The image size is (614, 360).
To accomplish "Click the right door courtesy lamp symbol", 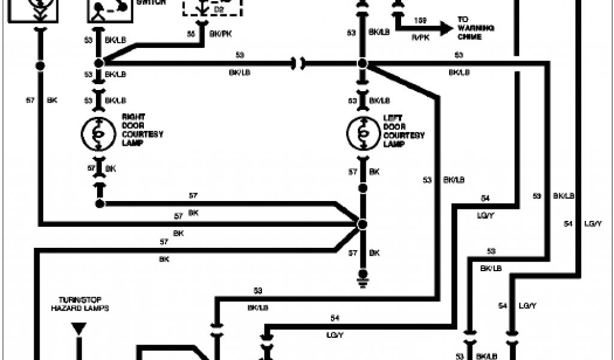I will (98, 134).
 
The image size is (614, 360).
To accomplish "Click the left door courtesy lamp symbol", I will (362, 134).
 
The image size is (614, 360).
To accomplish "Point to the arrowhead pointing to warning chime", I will (445, 27).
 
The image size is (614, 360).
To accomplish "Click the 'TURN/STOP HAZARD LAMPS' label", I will (83, 303).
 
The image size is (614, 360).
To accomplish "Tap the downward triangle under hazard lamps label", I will (78, 328).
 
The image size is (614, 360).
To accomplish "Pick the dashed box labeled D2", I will (212, 8).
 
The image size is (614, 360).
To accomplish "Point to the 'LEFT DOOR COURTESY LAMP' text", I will (404, 131).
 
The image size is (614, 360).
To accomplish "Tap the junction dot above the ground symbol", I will (362, 224).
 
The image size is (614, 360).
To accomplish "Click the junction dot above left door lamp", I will (362, 63).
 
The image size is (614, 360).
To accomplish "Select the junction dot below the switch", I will (98, 62).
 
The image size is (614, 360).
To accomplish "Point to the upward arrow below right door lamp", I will (98, 187).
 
